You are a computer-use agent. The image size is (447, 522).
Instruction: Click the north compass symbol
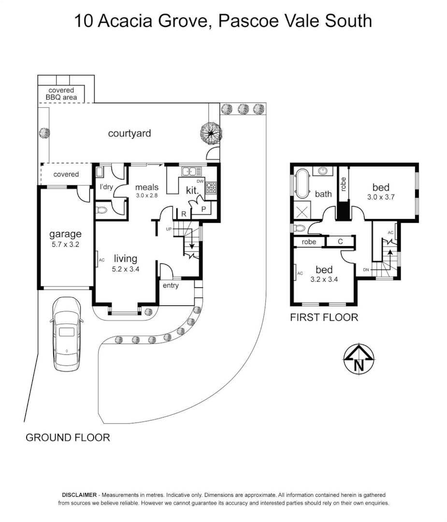click(x=359, y=359)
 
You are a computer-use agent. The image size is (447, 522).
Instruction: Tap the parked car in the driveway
click(x=67, y=333)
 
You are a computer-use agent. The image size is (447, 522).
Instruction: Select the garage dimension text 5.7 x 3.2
click(x=65, y=245)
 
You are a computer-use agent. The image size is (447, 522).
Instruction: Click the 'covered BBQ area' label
click(x=61, y=94)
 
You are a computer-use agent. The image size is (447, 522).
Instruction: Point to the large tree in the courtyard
click(x=211, y=132)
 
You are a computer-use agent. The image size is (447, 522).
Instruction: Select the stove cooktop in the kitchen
click(x=211, y=188)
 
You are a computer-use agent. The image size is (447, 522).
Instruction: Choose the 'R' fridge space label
click(x=184, y=213)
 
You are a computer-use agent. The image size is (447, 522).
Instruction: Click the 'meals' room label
click(x=146, y=187)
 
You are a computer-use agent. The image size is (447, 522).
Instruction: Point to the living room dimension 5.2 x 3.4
click(x=125, y=270)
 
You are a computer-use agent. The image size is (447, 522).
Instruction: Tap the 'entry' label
click(x=171, y=286)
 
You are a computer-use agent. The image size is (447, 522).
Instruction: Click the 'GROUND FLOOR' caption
click(x=68, y=438)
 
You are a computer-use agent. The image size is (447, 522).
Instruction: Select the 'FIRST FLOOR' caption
click(x=324, y=318)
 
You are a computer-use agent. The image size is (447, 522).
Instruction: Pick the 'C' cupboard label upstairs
click(x=340, y=241)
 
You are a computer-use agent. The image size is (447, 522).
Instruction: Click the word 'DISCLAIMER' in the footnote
click(x=79, y=495)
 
